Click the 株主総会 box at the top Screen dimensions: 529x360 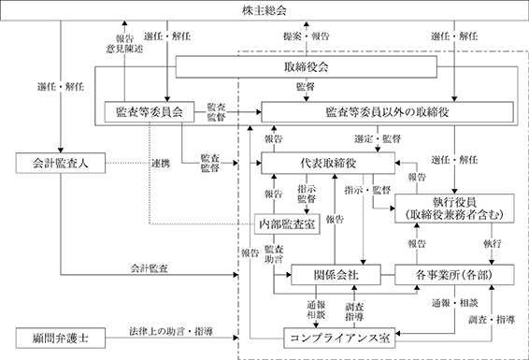(264, 10)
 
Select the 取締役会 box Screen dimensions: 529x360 (306, 66)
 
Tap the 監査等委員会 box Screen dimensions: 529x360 (150, 111)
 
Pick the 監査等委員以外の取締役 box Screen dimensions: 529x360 (387, 111)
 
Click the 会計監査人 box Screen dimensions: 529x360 (61, 163)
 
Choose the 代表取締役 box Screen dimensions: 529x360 (328, 163)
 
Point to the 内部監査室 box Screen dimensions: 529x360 (287, 223)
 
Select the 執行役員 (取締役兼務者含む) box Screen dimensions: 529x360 (454, 209)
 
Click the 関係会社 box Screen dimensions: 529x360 (336, 275)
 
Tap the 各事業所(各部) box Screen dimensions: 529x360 (454, 275)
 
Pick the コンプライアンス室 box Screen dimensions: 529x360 (339, 338)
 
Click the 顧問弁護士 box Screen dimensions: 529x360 (61, 338)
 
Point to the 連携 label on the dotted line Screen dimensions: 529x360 (161, 164)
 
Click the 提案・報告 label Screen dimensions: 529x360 (306, 36)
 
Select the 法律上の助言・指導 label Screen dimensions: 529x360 (171, 331)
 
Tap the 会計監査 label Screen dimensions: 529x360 (150, 268)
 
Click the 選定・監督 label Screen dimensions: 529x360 (378, 138)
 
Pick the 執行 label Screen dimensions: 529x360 (492, 243)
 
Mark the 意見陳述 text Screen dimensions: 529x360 (124, 49)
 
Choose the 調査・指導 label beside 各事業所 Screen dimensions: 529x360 (492, 319)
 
